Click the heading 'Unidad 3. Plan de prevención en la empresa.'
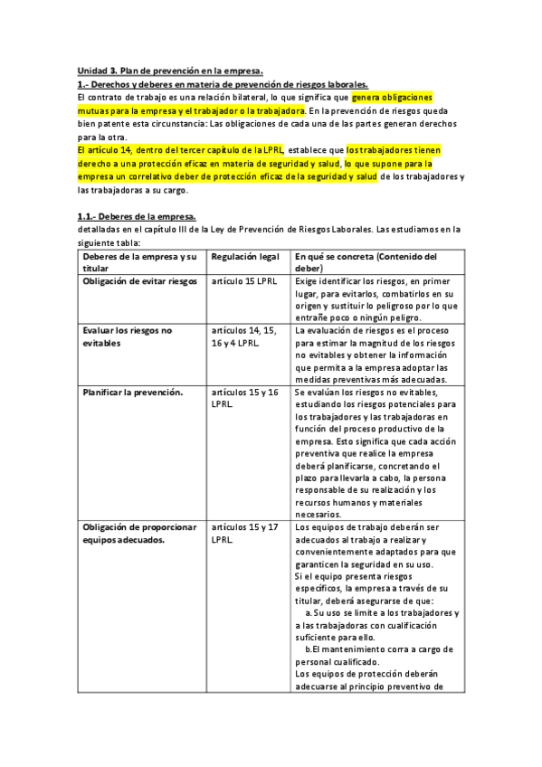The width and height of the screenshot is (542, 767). coord(170,71)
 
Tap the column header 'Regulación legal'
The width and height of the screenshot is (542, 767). coord(244,257)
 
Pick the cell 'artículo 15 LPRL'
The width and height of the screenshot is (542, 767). coord(242,281)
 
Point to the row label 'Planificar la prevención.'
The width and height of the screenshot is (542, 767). coord(133,393)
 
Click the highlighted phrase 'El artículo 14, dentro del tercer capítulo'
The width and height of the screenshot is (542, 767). coord(181,149)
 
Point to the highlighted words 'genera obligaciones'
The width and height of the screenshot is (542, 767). coord(392,97)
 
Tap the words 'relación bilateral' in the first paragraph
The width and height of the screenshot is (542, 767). coord(230,97)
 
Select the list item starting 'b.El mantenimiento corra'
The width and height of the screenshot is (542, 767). coord(379,649)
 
